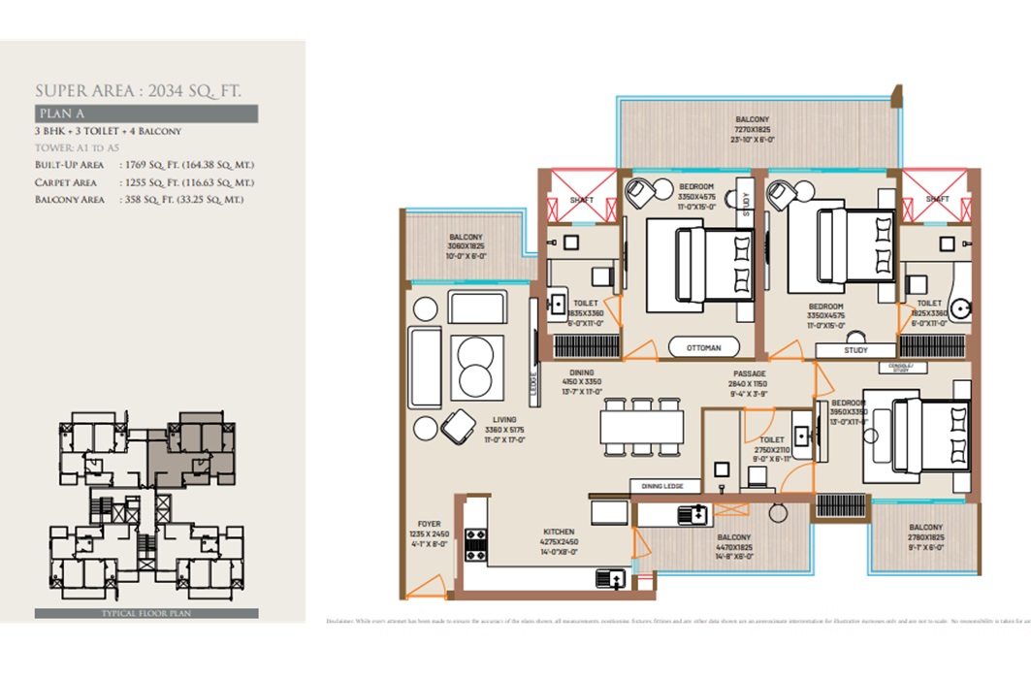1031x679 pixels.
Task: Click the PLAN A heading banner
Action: (x=145, y=114)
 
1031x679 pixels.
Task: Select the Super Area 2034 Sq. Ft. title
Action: (x=138, y=91)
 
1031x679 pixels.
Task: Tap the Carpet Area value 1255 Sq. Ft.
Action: (x=186, y=182)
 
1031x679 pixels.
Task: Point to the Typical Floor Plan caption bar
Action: (x=145, y=614)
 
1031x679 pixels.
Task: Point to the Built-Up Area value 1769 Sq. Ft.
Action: (x=186, y=166)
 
